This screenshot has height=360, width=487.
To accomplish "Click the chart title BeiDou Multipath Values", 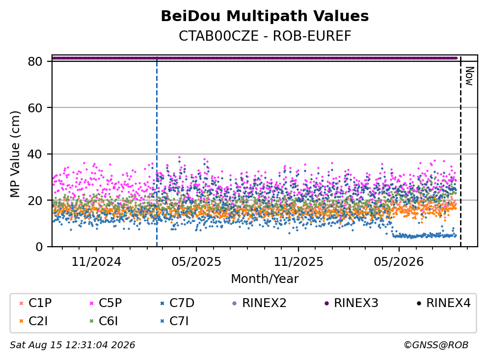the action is tap(265, 16).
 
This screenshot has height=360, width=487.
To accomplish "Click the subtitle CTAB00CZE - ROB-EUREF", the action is tap(265, 36).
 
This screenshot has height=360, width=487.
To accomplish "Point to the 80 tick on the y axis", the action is tap(35, 61).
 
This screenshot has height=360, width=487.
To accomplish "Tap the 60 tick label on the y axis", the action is tap(35, 108).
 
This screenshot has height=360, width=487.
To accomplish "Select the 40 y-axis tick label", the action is tap(35, 154).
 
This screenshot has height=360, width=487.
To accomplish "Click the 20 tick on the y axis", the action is tap(35, 201).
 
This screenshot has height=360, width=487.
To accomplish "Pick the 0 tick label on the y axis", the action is tap(39, 247).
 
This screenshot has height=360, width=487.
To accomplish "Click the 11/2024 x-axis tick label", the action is tap(96, 262).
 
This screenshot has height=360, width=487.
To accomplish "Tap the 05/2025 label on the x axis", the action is tap(196, 262).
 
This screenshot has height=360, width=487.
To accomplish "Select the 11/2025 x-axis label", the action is tap(298, 262).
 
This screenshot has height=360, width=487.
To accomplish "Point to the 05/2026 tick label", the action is tap(399, 262).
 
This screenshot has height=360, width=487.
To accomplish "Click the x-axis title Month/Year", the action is tap(265, 279).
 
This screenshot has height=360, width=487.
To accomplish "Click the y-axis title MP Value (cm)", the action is tap(15, 154).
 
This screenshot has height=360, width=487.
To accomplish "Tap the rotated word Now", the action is tap(469, 76).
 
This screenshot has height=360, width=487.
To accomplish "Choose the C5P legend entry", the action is tap(106, 303).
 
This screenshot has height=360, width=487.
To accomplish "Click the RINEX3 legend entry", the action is tap(351, 303).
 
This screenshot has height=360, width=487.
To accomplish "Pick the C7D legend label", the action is tap(177, 303).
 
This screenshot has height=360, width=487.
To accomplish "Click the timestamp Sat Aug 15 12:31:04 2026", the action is tap(73, 345).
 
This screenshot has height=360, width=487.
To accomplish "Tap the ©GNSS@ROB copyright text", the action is tap(436, 345).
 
